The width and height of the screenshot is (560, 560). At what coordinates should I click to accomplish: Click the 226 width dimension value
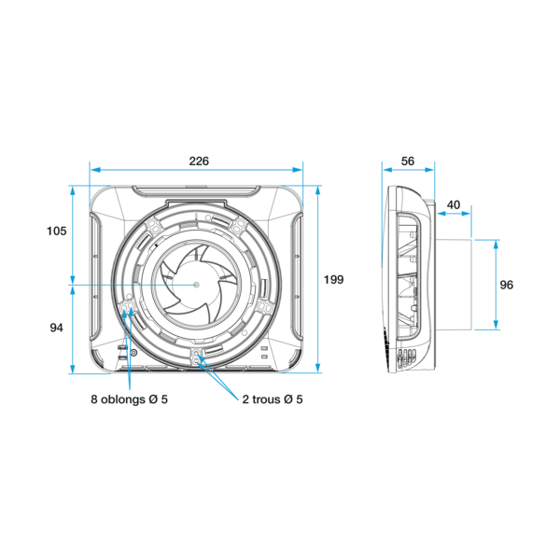[199, 161]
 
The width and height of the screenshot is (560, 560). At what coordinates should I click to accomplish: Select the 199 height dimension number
[333, 279]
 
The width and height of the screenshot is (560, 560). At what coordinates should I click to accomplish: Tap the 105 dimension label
[56, 231]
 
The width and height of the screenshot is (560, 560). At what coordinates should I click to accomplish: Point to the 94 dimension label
[56, 328]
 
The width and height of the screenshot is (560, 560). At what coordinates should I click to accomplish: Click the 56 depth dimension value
[408, 161]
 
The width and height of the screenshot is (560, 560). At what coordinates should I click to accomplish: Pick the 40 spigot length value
[454, 205]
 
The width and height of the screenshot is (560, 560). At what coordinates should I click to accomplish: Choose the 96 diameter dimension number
[507, 285]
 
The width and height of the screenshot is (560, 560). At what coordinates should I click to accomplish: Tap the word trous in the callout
[266, 399]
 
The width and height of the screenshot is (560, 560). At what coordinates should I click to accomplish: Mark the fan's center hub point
[196, 285]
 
